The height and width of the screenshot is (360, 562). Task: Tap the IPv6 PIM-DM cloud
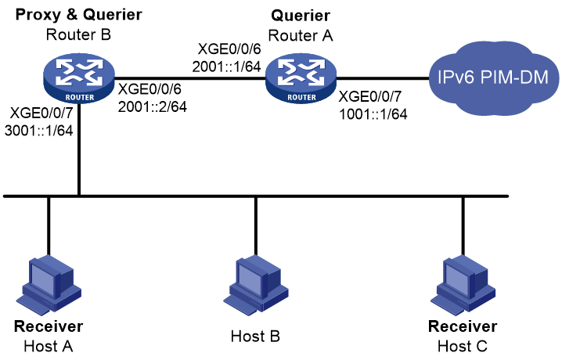pyautogui.click(x=494, y=77)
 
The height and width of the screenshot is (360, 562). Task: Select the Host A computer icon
pyautogui.click(x=49, y=285)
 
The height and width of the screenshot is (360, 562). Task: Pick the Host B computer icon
pyautogui.click(x=256, y=285)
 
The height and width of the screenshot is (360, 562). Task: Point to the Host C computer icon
pyautogui.click(x=463, y=285)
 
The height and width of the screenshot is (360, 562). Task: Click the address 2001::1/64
pyautogui.click(x=226, y=67)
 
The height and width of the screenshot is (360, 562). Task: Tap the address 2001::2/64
pyautogui.click(x=153, y=106)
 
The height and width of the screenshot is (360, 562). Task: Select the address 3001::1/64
pyautogui.click(x=38, y=131)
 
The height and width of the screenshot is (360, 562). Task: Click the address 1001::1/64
pyautogui.click(x=373, y=114)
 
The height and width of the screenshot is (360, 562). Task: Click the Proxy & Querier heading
pyautogui.click(x=79, y=15)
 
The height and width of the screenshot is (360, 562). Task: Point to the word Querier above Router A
pyautogui.click(x=301, y=16)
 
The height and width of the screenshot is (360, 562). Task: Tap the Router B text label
pyautogui.click(x=78, y=34)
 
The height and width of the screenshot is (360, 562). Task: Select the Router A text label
pyautogui.click(x=301, y=35)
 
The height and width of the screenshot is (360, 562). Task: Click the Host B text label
pyautogui.click(x=255, y=337)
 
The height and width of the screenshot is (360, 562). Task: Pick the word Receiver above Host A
pyautogui.click(x=49, y=326)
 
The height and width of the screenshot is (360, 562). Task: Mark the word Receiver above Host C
pyautogui.click(x=463, y=326)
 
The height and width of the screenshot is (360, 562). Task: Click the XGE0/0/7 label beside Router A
pyautogui.click(x=370, y=96)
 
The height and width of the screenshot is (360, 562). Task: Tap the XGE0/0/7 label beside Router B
pyautogui.click(x=41, y=113)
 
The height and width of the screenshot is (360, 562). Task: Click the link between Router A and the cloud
pyautogui.click(x=383, y=77)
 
